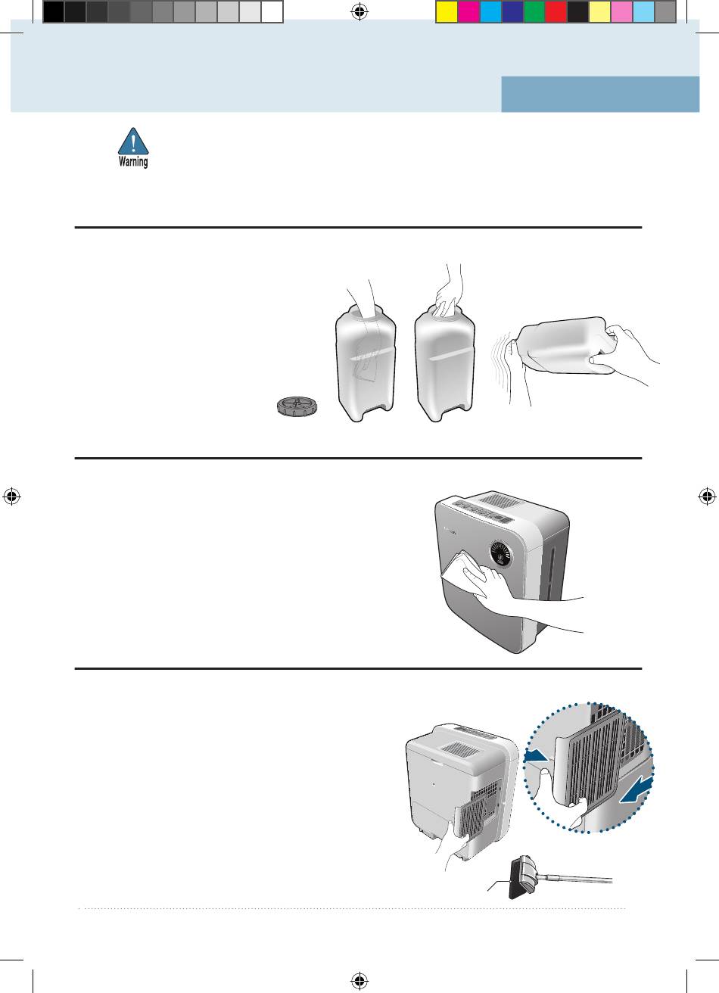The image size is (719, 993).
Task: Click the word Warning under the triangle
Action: pyautogui.click(x=133, y=161)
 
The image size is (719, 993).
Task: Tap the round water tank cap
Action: pyautogui.click(x=297, y=406)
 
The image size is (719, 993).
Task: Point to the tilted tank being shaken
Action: pyautogui.click(x=565, y=345)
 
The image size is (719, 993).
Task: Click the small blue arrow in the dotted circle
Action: pyautogui.click(x=537, y=757)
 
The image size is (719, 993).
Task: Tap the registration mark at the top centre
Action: pyautogui.click(x=359, y=11)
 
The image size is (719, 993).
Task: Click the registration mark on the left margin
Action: pyautogui.click(x=11, y=496)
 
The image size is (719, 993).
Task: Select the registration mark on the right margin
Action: pyautogui.click(x=708, y=496)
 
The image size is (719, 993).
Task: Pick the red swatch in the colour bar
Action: pyautogui.click(x=556, y=11)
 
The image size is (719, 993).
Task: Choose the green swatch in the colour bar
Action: pyautogui.click(x=534, y=11)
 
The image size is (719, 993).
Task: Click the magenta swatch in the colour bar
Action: pyautogui.click(x=468, y=11)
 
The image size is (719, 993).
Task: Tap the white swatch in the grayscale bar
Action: pyautogui.click(x=272, y=11)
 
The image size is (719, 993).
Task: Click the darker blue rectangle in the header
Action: pyautogui.click(x=600, y=94)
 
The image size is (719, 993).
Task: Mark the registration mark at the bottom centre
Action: pyautogui.click(x=359, y=982)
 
